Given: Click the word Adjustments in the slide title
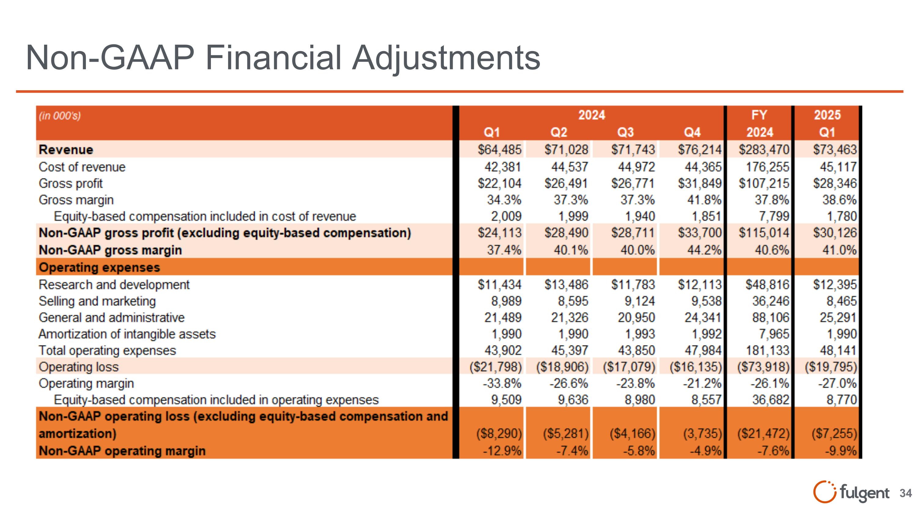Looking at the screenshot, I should (x=446, y=58).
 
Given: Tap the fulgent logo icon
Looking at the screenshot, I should (x=824, y=492).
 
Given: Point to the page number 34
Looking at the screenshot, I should (x=906, y=493).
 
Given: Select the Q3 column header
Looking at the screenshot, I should (x=625, y=132).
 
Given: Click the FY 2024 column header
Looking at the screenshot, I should (x=759, y=124).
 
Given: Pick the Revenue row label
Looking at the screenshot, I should (x=66, y=150).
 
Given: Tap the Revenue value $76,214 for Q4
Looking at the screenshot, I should (x=699, y=150).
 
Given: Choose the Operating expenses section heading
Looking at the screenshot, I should (x=99, y=267).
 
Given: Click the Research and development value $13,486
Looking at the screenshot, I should (x=566, y=284).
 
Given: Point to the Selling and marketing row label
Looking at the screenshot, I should (x=97, y=301).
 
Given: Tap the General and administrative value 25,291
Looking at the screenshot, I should (x=838, y=317).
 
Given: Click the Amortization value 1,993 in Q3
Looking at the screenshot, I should (x=640, y=334).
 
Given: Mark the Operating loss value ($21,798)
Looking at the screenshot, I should (x=495, y=367).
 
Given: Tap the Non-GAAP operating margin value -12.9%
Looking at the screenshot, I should (x=502, y=451).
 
